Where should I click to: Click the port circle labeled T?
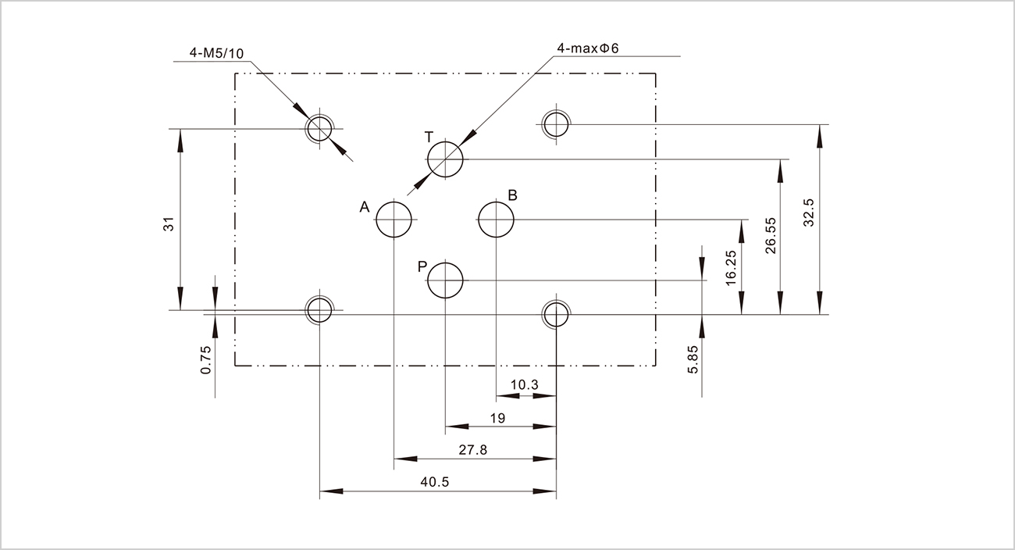(445, 159)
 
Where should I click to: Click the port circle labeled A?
(394, 219)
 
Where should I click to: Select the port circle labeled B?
(497, 219)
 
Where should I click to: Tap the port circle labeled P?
(445, 280)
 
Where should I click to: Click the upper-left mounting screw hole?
(319, 129)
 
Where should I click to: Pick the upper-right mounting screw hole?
(556, 123)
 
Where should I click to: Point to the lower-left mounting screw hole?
(319, 310)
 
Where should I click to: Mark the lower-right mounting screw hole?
(556, 314)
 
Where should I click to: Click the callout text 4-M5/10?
(216, 53)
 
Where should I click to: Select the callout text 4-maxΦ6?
(587, 48)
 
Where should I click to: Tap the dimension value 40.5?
(434, 482)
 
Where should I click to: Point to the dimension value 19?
(497, 419)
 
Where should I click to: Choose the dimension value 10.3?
(524, 385)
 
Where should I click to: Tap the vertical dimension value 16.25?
(732, 268)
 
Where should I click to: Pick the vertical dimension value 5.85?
(693, 360)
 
